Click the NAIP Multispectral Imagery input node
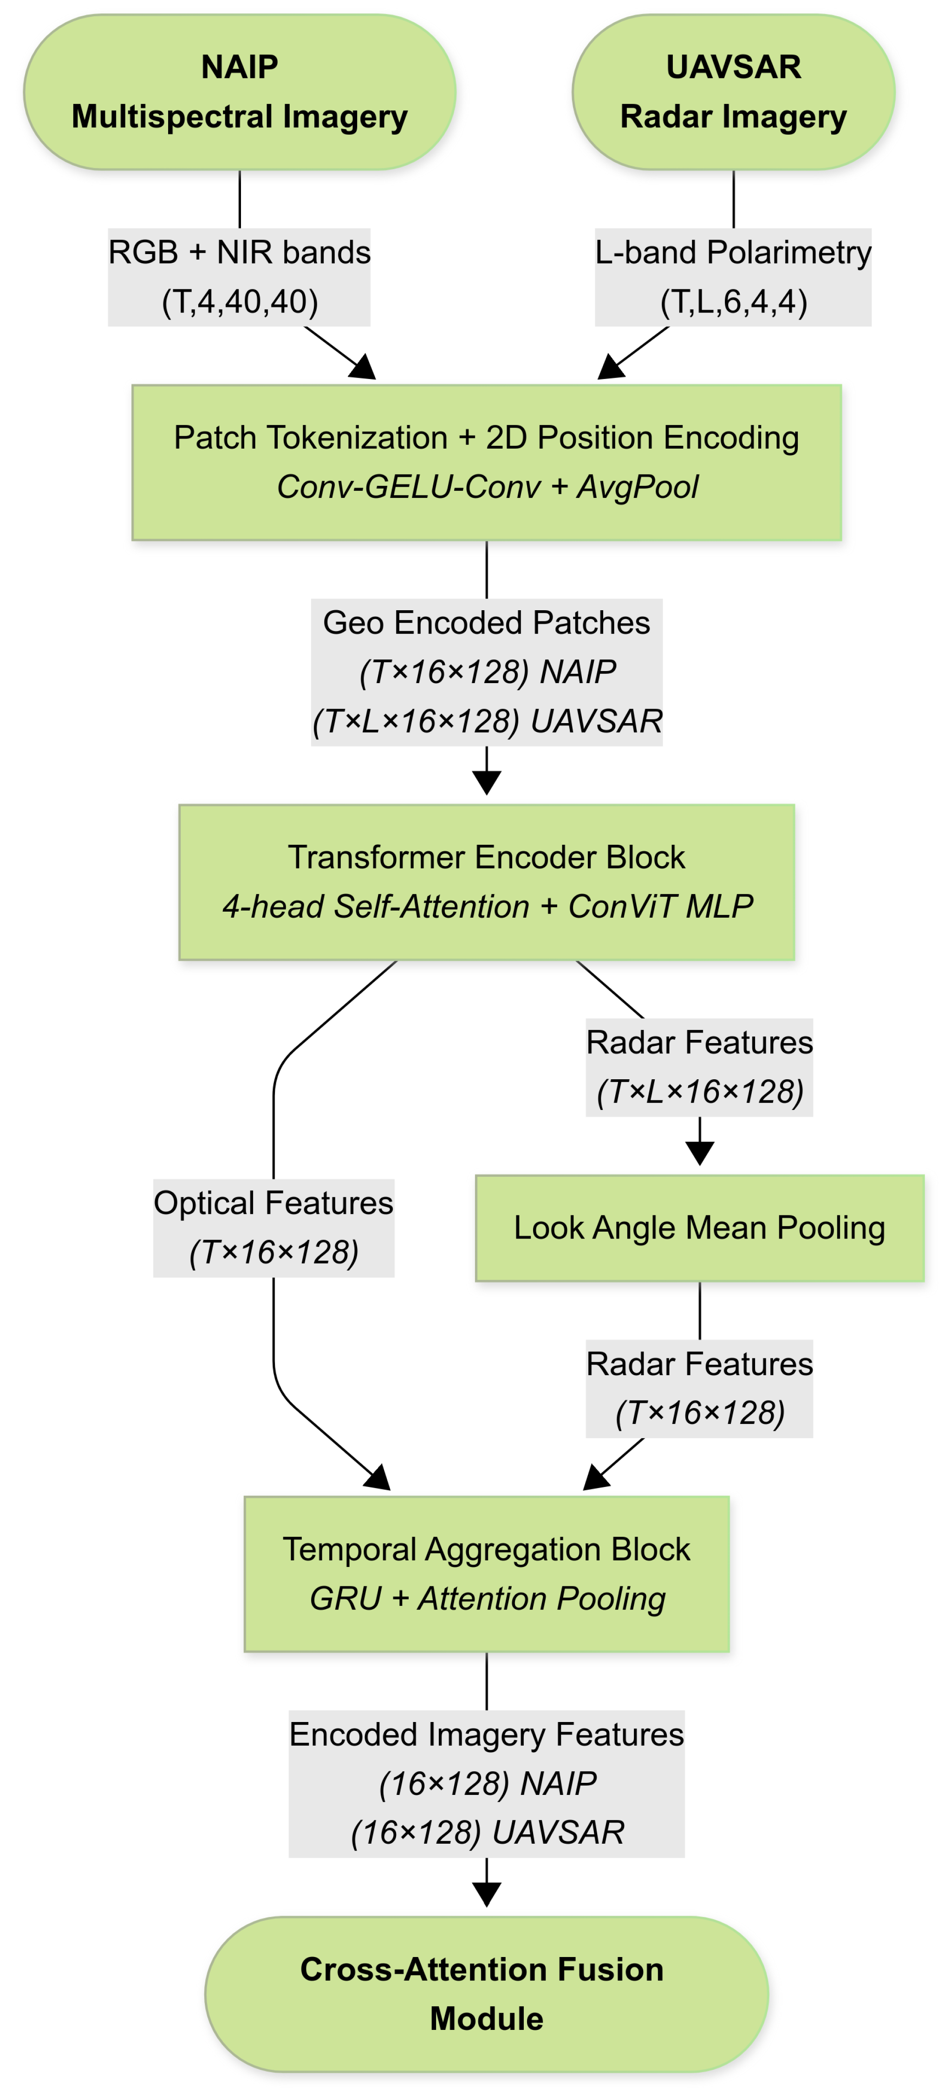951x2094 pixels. tap(239, 92)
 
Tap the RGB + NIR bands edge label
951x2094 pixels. tap(239, 276)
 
